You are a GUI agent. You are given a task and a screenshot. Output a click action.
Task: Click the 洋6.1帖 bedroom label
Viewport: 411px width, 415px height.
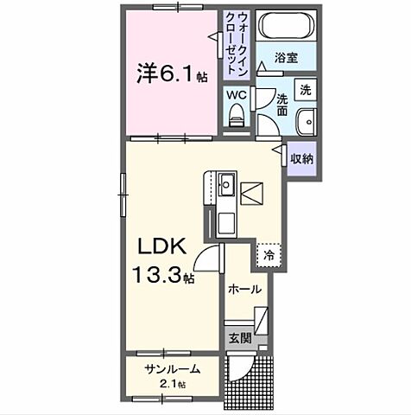point(169,73)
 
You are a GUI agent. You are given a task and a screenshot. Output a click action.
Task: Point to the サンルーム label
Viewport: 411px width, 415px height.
point(172,369)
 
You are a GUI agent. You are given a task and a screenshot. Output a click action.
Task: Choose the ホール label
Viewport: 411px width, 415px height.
point(244,290)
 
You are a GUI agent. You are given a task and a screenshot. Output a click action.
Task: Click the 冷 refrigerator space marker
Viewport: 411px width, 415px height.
point(269,255)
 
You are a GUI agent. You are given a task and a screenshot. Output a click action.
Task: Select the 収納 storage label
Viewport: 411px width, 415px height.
point(300,158)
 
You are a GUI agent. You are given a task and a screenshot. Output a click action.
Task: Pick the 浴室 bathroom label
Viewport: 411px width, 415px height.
point(287,58)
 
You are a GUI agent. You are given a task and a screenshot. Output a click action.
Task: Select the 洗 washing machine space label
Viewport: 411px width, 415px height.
point(305,89)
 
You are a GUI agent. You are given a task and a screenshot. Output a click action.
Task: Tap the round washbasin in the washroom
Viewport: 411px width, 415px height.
point(306,121)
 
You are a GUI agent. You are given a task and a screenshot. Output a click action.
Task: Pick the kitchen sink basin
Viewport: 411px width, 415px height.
point(226,184)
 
